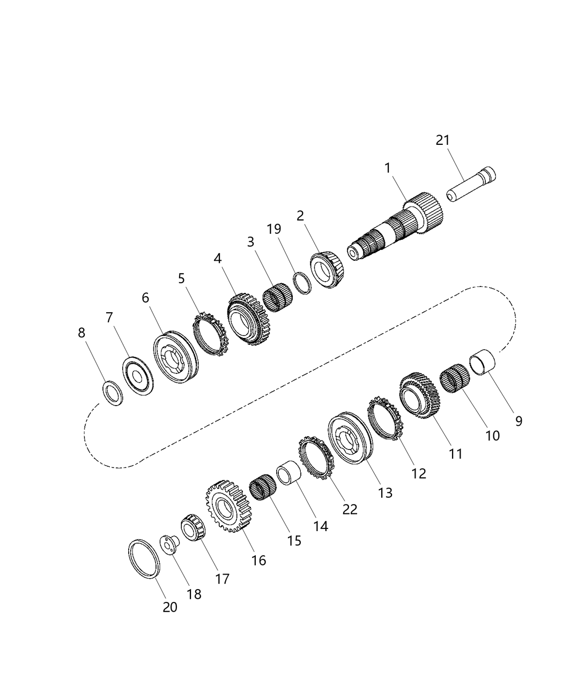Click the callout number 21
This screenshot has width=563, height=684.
click(x=442, y=140)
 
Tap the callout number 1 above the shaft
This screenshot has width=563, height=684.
click(x=387, y=168)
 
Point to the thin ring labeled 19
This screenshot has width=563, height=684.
click(x=303, y=283)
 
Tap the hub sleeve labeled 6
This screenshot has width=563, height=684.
click(x=175, y=357)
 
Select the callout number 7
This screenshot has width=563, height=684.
click(x=109, y=318)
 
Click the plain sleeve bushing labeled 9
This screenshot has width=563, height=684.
click(x=482, y=363)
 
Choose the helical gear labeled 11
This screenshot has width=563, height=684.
click(x=419, y=396)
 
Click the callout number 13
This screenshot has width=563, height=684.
click(x=385, y=492)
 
